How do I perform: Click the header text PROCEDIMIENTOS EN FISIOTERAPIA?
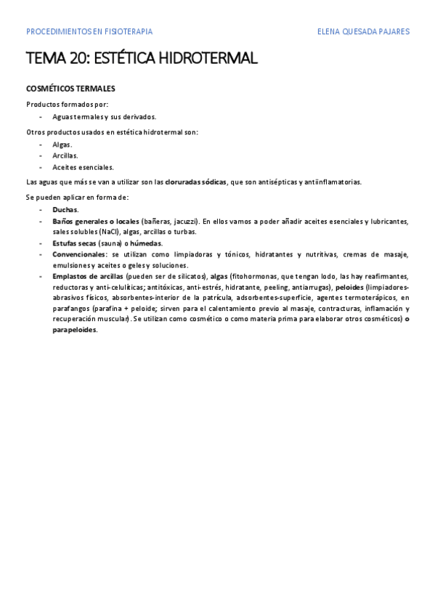point(89,32)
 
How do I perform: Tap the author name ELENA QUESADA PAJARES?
point(364,32)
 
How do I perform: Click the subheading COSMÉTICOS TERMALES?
point(70,89)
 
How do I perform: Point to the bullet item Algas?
point(62,145)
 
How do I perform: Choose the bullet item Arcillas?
point(65,155)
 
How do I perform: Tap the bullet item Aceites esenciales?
point(83,167)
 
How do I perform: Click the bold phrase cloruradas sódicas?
point(195,182)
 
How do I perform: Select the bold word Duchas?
point(65,209)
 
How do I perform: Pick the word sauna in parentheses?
point(110,243)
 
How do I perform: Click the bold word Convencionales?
point(78,254)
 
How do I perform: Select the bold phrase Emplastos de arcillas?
point(87,277)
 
